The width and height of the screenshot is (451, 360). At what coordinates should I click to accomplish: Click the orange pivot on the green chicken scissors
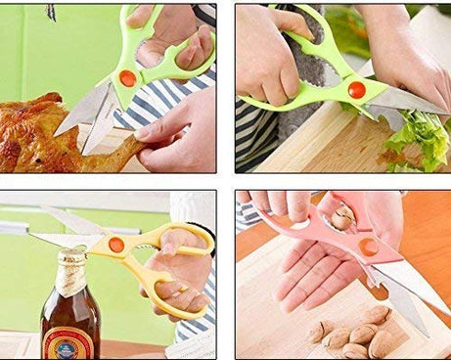click(x=127, y=77)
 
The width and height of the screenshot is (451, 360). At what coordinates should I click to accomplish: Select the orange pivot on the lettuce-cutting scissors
click(x=356, y=90)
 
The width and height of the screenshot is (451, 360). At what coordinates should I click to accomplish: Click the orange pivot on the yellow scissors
click(x=116, y=245)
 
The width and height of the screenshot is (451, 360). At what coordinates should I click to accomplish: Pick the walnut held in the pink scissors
click(x=341, y=218)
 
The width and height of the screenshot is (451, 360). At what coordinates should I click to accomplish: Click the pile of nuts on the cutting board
click(x=352, y=333)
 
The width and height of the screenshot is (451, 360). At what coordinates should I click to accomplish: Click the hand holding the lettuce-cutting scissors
click(x=269, y=59)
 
